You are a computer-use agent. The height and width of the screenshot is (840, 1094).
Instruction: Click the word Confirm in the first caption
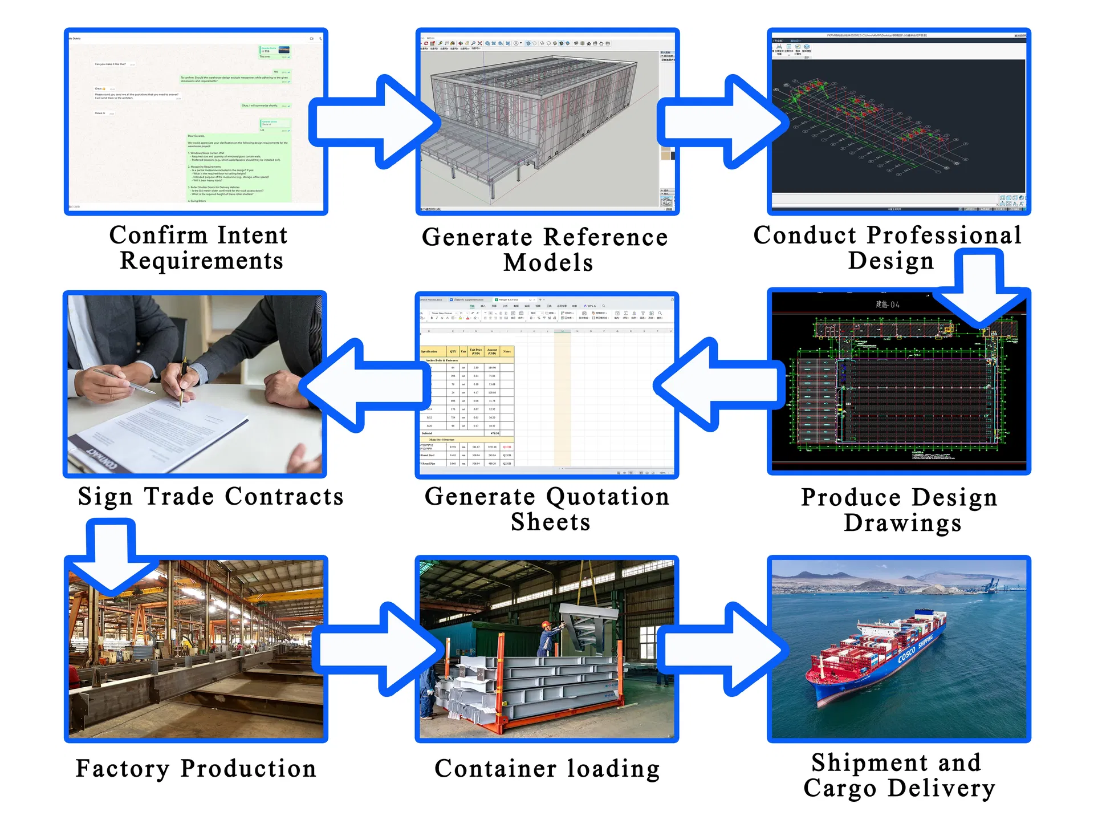(x=158, y=235)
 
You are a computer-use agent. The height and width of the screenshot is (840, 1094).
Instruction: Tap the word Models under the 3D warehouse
(x=548, y=263)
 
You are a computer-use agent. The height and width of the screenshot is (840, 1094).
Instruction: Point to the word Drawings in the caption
(x=902, y=523)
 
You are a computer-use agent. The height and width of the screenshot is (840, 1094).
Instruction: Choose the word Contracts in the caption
(x=284, y=496)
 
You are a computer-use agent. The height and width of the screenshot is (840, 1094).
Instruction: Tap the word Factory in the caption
(x=122, y=769)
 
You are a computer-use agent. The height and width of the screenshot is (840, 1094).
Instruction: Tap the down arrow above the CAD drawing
(x=979, y=291)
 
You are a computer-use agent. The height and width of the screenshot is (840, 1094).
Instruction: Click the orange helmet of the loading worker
(x=546, y=625)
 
